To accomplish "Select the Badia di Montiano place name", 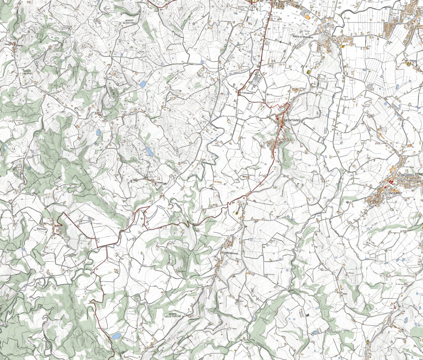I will [x=303, y=36].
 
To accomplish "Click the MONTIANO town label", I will [x=293, y=120].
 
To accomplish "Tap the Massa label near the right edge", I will [x=413, y=60].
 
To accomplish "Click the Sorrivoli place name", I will [x=41, y=228].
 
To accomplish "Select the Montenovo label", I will [x=232, y=253].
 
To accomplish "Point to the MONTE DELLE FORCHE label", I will [x=175, y=315].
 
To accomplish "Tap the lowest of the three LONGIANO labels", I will [x=394, y=194].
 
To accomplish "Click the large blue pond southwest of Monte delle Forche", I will [x=116, y=336].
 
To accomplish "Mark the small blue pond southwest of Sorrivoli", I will [x=23, y=249].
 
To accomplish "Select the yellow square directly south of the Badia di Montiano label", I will [x=308, y=71].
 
